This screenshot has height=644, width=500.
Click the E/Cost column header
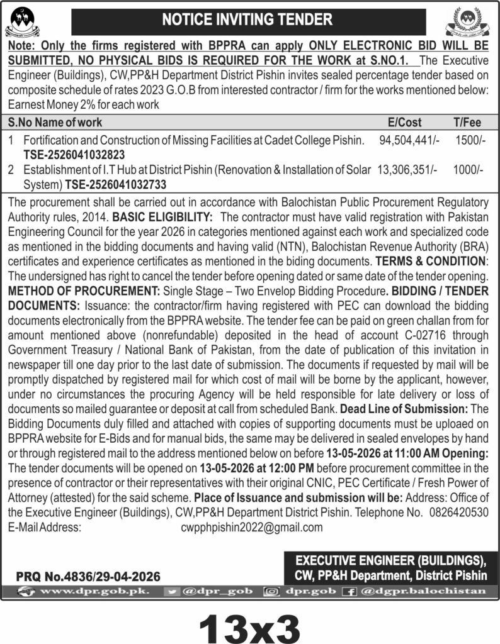coord(406,122)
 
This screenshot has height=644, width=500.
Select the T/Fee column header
coord(467,122)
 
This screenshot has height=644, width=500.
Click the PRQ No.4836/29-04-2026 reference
coord(88,576)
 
